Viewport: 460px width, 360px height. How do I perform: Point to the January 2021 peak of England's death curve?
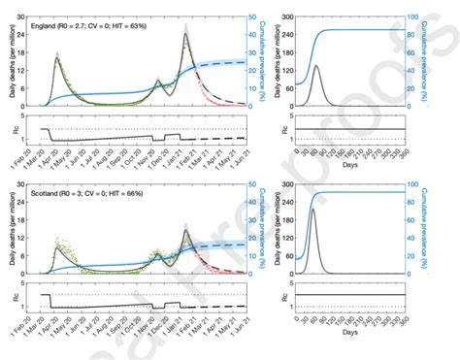tap(185, 35)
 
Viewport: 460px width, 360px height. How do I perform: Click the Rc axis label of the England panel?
tap(12, 129)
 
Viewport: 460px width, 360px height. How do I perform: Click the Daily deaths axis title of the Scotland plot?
tap(9, 233)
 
